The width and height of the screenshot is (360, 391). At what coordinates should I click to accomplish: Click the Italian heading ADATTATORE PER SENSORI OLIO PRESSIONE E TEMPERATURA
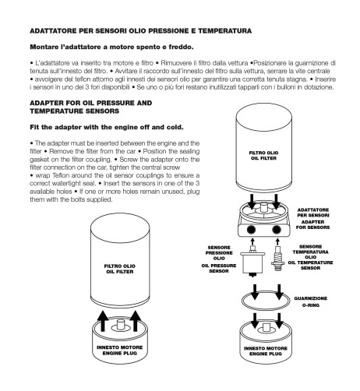tap(140, 31)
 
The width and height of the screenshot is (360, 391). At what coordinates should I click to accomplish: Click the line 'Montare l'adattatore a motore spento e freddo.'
tap(111, 47)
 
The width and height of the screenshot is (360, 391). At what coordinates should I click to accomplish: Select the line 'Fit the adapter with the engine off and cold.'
tap(107, 127)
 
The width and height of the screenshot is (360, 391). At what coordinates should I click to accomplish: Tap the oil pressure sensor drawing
tap(252, 261)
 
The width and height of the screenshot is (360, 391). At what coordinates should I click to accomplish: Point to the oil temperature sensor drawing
tap(277, 259)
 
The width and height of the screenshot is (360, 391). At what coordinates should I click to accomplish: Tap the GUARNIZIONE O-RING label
tap(310, 301)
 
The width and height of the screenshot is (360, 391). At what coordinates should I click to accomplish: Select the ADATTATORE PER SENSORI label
tap(313, 213)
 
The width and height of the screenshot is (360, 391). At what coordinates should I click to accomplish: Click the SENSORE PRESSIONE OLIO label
tap(219, 253)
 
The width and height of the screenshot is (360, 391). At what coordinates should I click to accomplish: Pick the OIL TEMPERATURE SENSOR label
tap(310, 265)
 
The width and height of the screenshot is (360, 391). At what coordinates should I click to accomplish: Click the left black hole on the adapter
tap(251, 230)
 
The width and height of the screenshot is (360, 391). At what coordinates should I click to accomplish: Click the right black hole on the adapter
tap(276, 230)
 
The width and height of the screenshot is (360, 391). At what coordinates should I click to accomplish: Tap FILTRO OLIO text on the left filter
tap(120, 266)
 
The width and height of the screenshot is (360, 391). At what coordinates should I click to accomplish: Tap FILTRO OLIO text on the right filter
tap(263, 153)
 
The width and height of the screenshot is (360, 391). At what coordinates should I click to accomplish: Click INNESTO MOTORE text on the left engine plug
tap(120, 347)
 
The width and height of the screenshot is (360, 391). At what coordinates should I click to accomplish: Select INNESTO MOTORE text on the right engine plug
tap(266, 348)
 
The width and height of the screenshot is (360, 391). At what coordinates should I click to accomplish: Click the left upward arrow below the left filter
tap(103, 321)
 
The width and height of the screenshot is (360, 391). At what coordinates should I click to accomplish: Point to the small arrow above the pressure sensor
tap(252, 241)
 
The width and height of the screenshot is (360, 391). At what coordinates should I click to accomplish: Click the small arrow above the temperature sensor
tap(277, 241)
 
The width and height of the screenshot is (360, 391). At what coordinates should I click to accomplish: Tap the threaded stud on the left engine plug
tap(120, 325)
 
